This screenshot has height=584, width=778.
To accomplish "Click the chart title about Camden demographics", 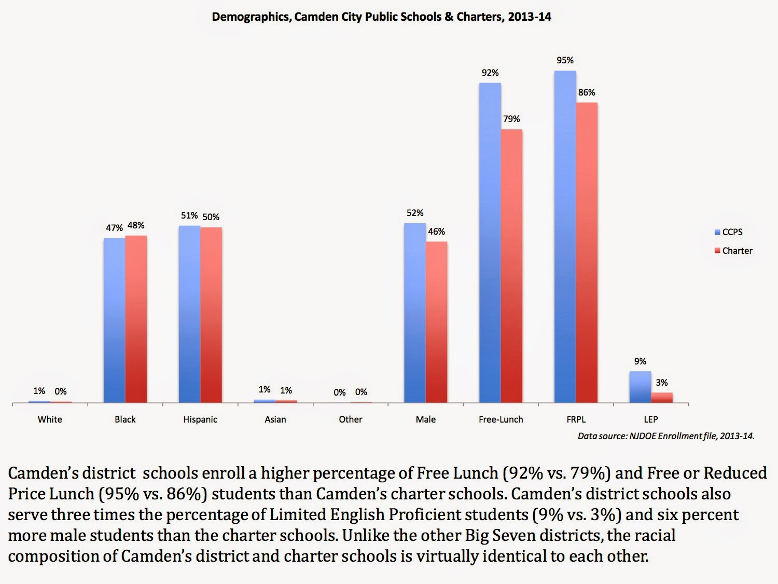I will tap(381, 17).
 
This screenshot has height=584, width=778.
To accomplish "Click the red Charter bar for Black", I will tap(136, 319).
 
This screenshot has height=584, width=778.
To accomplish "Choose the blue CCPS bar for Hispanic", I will tap(189, 314).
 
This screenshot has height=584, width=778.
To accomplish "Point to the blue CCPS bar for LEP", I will tap(640, 387).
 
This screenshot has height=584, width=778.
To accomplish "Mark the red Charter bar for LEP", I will tap(662, 397).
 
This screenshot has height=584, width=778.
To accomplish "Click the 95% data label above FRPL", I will tap(565, 60).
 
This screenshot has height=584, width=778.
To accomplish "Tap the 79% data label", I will tap(511, 119).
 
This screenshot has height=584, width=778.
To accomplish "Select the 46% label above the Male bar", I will tap(436, 232).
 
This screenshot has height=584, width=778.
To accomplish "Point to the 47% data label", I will tap(114, 228).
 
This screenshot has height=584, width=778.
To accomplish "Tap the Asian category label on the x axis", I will tap(275, 419).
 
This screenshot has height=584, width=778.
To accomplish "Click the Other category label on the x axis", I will tap(351, 419).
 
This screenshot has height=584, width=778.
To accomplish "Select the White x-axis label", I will tap(50, 419).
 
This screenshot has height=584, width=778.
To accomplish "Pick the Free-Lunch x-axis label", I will tap(501, 419).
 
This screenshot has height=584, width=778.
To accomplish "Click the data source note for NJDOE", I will tap(666, 436).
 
